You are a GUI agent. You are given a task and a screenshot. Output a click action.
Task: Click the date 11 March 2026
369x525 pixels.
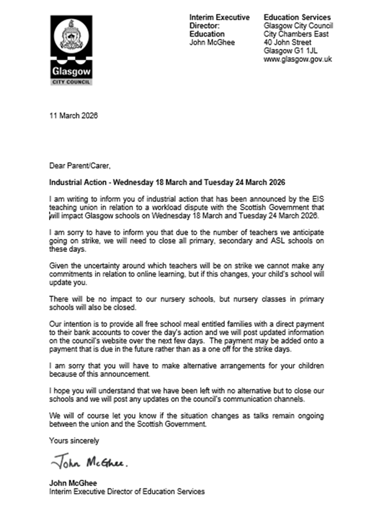coord(74,116)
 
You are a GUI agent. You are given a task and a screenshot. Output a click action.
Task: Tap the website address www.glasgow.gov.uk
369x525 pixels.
coord(298,59)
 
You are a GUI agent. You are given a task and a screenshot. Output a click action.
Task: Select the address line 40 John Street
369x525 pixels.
coord(288,42)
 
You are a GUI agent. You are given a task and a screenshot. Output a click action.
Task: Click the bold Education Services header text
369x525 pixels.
coord(297,18)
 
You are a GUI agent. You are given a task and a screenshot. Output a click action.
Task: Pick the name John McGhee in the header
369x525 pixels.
coord(212,42)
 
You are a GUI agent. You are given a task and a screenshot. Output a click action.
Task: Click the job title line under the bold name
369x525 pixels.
coord(128,491)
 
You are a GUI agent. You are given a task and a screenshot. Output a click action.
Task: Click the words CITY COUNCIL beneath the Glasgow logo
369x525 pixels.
coord(70,81)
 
